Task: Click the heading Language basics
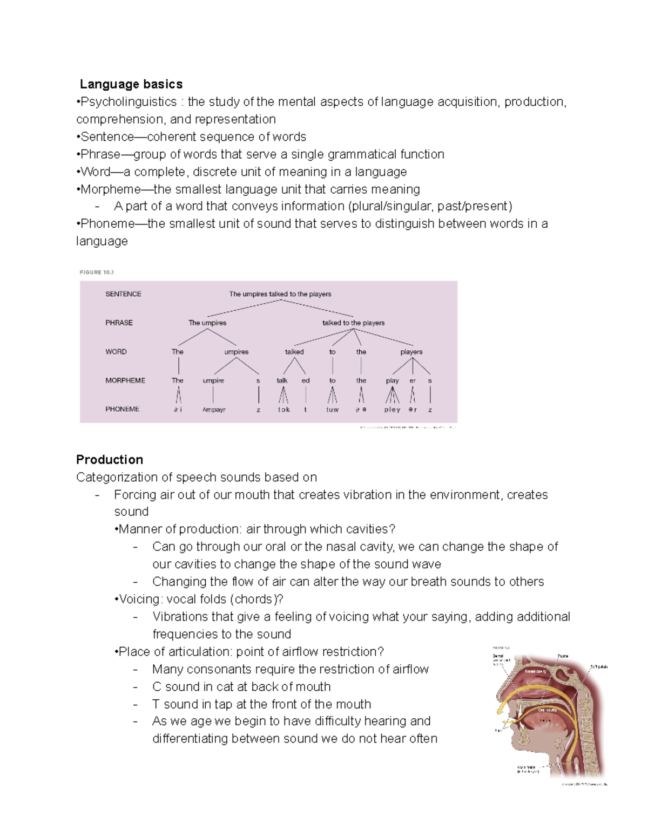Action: click(x=131, y=84)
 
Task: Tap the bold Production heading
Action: click(x=110, y=460)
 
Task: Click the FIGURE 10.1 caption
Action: click(x=97, y=272)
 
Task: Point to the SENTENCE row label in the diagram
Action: click(x=123, y=294)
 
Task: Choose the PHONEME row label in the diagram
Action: click(x=122, y=409)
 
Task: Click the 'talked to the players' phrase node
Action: click(x=353, y=323)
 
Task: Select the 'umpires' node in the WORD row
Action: click(x=236, y=352)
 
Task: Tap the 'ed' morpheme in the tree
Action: click(x=306, y=380)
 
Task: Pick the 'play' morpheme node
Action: click(x=392, y=380)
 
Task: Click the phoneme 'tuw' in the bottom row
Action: click(x=332, y=410)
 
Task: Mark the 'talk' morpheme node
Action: click(x=282, y=380)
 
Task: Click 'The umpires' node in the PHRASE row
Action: click(x=207, y=323)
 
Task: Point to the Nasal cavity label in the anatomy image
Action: click(x=535, y=671)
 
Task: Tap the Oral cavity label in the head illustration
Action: click(x=546, y=710)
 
